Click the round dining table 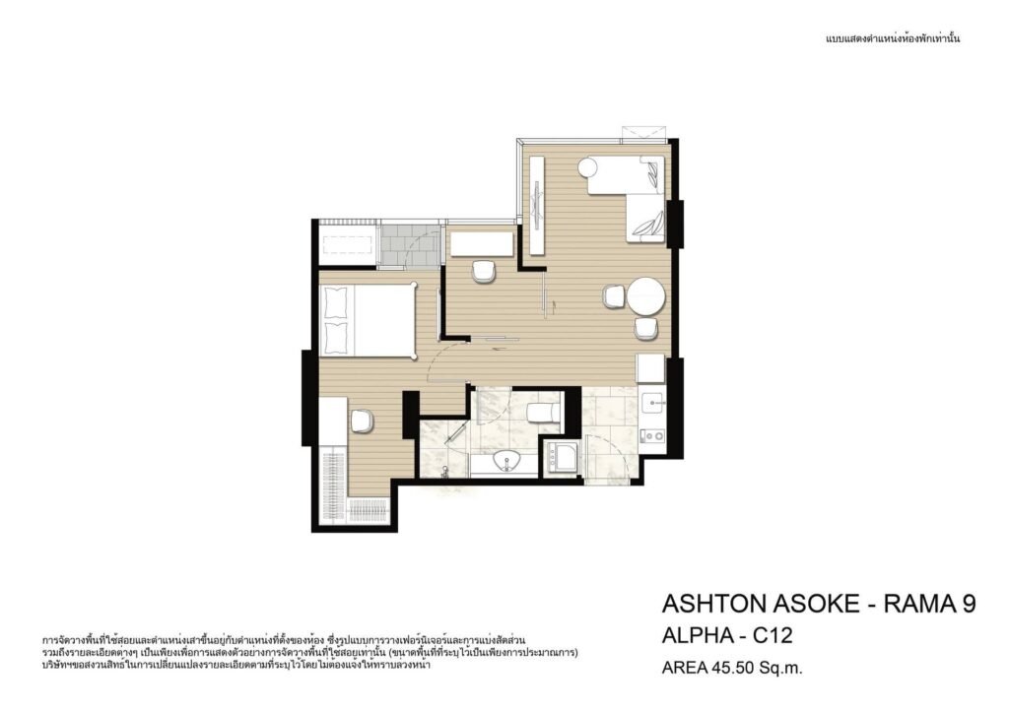[x=646, y=296]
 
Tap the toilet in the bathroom [x=543, y=412]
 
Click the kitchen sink [x=654, y=403]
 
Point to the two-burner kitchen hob [x=654, y=435]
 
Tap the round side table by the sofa [x=588, y=168]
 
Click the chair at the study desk [x=484, y=272]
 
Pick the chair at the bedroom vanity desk [x=363, y=421]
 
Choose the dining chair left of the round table [x=614, y=296]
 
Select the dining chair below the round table [x=645, y=328]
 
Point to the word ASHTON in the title [x=706, y=604]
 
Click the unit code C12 [x=773, y=636]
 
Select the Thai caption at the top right [x=893, y=38]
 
